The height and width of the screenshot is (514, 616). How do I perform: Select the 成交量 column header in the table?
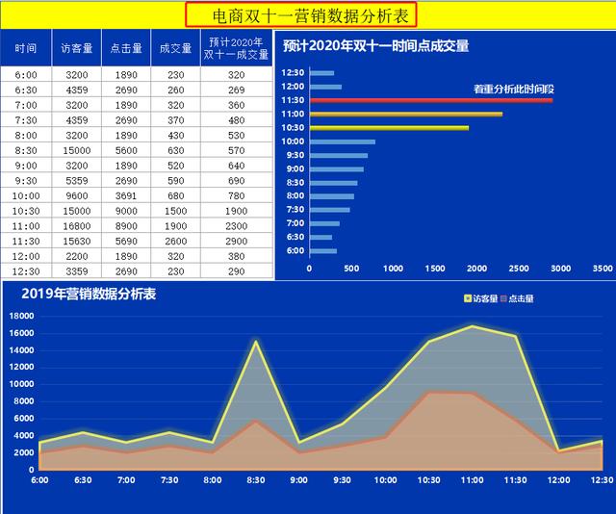tap(175, 47)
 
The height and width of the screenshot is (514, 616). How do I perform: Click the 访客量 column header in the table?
tap(77, 47)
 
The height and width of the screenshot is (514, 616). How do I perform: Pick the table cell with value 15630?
tap(77, 241)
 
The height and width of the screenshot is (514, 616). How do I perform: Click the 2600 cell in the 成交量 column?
tap(175, 241)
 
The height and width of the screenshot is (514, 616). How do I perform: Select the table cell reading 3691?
tap(126, 194)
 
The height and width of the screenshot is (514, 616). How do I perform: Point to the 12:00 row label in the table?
tap(26, 256)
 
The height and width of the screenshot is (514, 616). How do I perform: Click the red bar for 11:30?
tap(431, 100)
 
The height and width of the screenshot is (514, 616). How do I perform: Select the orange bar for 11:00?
tap(405, 114)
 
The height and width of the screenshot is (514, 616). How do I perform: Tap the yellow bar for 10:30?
tap(389, 127)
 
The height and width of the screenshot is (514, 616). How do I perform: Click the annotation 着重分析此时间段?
tap(513, 89)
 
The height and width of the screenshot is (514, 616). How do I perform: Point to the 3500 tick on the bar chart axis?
tap(603, 269)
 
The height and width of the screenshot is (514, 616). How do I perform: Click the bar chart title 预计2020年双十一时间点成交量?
tap(376, 46)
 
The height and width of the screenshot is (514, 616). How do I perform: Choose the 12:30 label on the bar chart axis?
tap(293, 73)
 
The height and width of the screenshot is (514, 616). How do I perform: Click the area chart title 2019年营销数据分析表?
tap(89, 295)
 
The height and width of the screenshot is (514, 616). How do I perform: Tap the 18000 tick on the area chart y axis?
tap(21, 315)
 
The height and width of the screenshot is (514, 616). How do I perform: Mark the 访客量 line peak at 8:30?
tap(256, 341)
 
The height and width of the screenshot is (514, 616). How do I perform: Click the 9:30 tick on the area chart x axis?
tap(342, 479)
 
